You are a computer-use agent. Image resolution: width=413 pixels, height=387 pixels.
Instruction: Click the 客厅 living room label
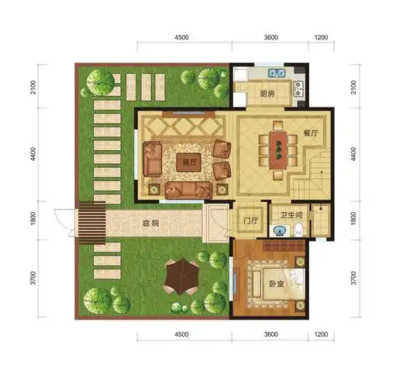[186, 163]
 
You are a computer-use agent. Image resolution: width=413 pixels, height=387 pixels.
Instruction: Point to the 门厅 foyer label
[250, 221]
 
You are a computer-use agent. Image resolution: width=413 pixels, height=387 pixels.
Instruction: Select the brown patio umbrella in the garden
[183, 275]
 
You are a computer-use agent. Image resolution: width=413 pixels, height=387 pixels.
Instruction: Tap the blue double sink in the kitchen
[275, 74]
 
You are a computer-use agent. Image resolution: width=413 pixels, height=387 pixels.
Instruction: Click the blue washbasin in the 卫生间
[278, 230]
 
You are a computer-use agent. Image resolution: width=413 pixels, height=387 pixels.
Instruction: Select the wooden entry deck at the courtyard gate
[92, 223]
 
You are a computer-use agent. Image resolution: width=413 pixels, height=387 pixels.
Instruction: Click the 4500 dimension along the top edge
[181, 36]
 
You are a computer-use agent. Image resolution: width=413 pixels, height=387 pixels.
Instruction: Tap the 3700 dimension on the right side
[353, 276]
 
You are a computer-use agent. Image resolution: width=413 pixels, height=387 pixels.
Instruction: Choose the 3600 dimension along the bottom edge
[272, 335]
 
